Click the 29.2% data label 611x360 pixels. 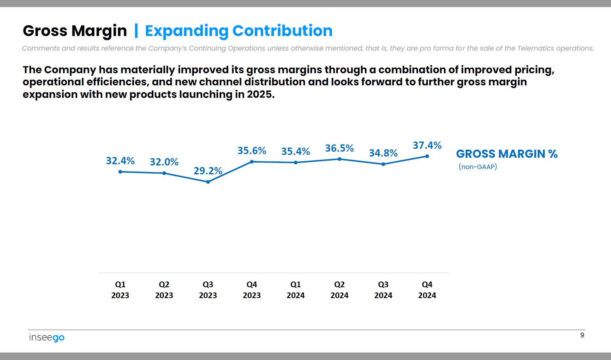coord(208,171)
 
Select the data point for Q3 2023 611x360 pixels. coord(208,182)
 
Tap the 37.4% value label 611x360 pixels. coord(427,145)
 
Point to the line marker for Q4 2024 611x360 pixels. coord(427,156)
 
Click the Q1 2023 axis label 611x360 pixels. coord(120,290)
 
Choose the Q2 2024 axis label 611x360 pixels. coord(339,290)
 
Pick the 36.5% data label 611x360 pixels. coord(339,148)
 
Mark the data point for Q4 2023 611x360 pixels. coord(252,162)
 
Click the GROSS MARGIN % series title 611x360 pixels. coord(507,154)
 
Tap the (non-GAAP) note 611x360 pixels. coord(477,167)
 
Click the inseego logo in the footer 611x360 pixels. coord(47,337)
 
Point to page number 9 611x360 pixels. coord(582,335)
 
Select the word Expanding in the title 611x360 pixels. coord(187,31)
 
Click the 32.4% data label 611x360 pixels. coord(120,161)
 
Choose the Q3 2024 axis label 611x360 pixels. coord(383,290)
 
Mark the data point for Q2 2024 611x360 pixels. coord(339,159)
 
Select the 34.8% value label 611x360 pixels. coord(383,153)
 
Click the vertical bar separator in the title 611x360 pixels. coord(136,31)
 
